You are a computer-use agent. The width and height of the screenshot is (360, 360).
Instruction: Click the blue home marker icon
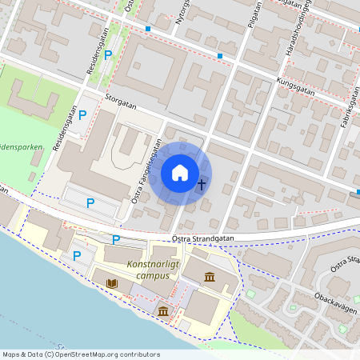click(x=180, y=173)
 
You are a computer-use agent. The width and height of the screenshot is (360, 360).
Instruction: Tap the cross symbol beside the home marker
click(x=201, y=186)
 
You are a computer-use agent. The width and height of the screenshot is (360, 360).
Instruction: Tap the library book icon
click(x=112, y=283)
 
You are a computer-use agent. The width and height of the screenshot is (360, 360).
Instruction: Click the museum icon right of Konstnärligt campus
click(x=209, y=277)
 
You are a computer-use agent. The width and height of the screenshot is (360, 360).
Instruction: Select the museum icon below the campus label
click(x=163, y=310)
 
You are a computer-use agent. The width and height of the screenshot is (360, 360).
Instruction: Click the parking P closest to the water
click(x=77, y=256)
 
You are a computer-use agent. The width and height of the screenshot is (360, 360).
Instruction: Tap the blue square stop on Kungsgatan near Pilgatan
click(x=220, y=56)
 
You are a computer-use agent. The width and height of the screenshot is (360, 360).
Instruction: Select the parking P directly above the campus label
click(x=116, y=239)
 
